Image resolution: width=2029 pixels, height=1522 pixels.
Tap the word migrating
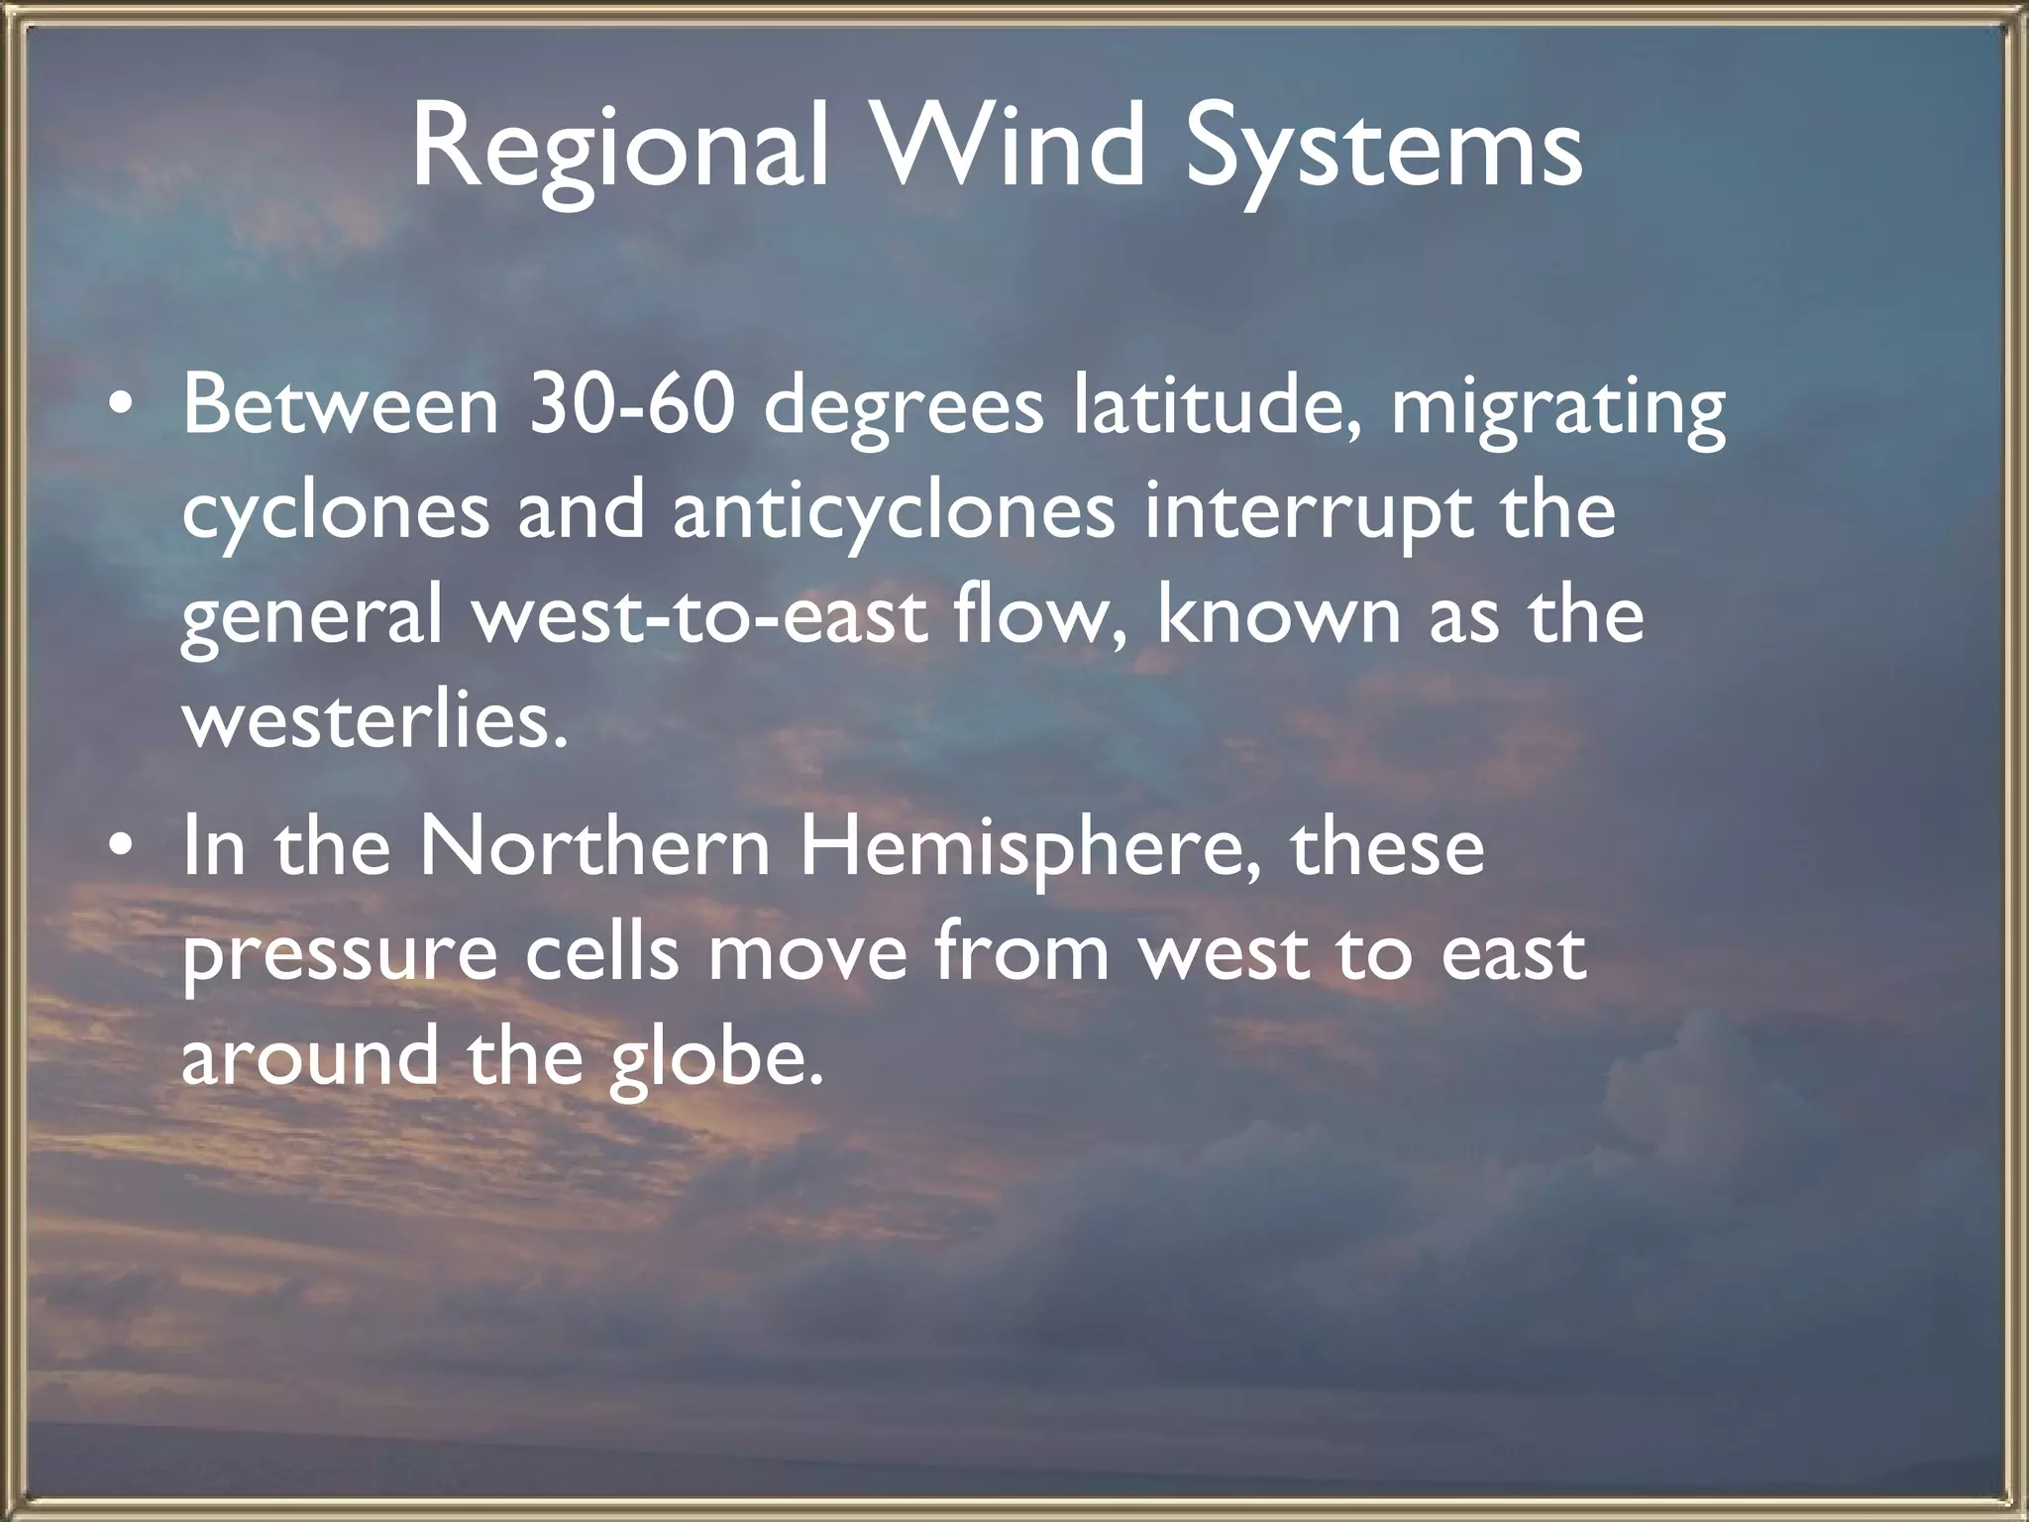[x=1558, y=408]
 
